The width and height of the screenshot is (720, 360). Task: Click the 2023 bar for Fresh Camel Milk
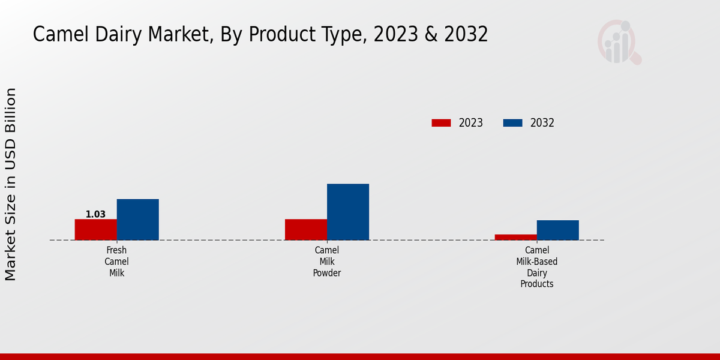tap(95, 230)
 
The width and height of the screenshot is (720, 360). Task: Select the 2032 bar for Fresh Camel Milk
tap(137, 220)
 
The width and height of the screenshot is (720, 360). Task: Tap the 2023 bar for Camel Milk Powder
tap(305, 230)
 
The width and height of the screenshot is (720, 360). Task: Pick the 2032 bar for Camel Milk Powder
tap(347, 212)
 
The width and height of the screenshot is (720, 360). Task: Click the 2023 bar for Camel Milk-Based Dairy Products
tap(515, 237)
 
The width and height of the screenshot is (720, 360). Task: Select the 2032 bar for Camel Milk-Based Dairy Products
tap(557, 230)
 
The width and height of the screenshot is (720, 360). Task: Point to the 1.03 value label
tap(95, 214)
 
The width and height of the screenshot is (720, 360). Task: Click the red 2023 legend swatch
tap(441, 123)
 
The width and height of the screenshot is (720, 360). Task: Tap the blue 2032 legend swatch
tap(512, 123)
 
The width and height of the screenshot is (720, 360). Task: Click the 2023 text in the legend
tap(470, 123)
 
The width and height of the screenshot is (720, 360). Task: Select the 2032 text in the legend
tap(542, 123)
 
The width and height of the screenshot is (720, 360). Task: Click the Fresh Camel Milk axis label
tap(116, 262)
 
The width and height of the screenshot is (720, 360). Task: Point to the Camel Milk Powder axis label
tap(326, 262)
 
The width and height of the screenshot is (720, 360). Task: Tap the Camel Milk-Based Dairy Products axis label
tap(536, 267)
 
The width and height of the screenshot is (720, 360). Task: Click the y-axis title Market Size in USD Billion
tap(11, 184)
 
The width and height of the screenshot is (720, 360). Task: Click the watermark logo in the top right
tap(619, 42)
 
